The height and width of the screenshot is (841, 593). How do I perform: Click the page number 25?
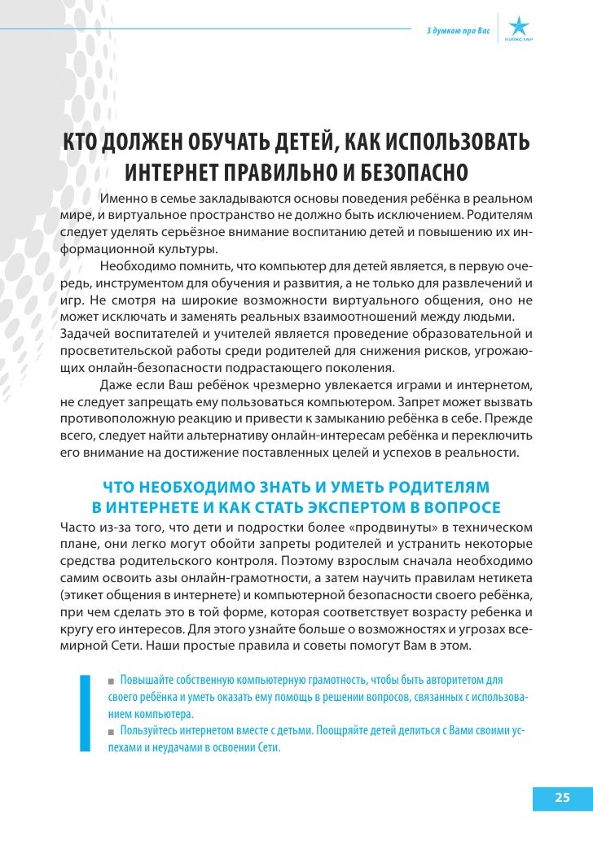click(x=562, y=797)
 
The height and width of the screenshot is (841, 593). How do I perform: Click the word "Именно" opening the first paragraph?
click(x=123, y=199)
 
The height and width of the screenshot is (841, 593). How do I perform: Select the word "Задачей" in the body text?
click(x=85, y=335)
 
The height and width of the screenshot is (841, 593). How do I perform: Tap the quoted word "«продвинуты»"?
click(x=345, y=528)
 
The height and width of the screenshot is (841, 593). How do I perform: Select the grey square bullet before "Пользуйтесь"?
click(x=112, y=732)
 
